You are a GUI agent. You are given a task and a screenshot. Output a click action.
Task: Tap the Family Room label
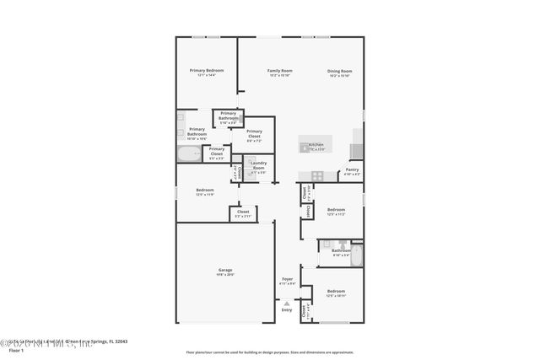tap(280, 71)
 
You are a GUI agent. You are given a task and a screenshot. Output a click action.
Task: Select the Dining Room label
tap(340, 71)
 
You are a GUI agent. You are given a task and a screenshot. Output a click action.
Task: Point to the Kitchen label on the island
tap(316, 145)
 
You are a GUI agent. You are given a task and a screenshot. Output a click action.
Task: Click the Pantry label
tap(352, 169)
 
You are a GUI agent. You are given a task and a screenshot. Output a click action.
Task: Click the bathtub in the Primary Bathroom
tap(189, 153)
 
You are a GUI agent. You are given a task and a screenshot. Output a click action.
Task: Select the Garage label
tap(225, 271)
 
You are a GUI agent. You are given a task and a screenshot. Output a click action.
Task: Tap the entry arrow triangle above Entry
tap(287, 303)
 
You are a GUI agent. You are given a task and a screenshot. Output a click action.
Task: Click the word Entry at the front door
tap(287, 309)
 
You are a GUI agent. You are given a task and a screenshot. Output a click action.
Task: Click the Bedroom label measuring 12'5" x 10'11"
tap(336, 292)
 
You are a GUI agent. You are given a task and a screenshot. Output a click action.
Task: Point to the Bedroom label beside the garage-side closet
tap(205, 191)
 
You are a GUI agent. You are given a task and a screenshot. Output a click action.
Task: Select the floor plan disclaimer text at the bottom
tap(270, 352)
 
